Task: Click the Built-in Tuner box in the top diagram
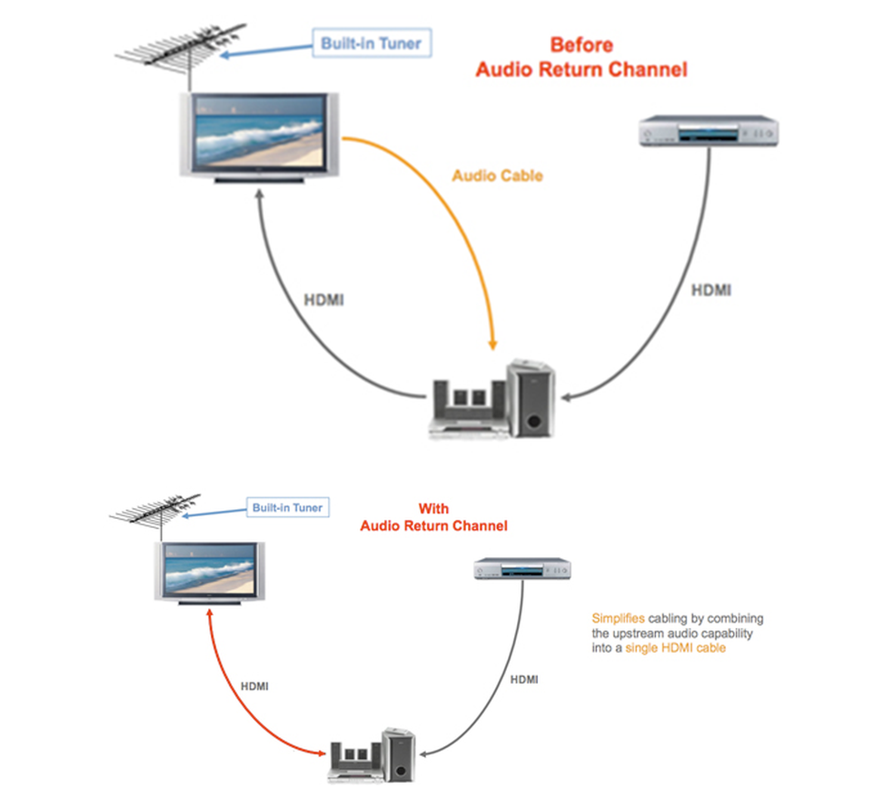371,43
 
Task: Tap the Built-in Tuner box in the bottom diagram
287,508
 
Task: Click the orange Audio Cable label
497,175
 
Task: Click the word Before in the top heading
581,45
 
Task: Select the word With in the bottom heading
433,509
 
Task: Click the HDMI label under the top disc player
710,291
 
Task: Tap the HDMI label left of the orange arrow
323,301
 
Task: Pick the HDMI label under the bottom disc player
524,679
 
